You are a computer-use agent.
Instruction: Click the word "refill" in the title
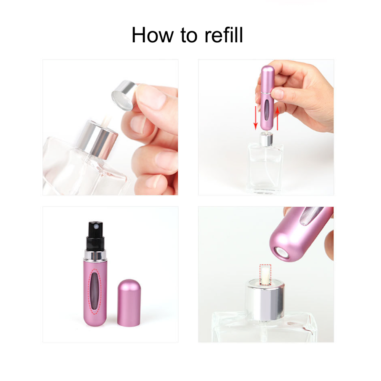222,35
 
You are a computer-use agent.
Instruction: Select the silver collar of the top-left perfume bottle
99,139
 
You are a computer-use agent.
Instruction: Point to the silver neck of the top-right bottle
266,139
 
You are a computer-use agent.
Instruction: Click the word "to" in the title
186,35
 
